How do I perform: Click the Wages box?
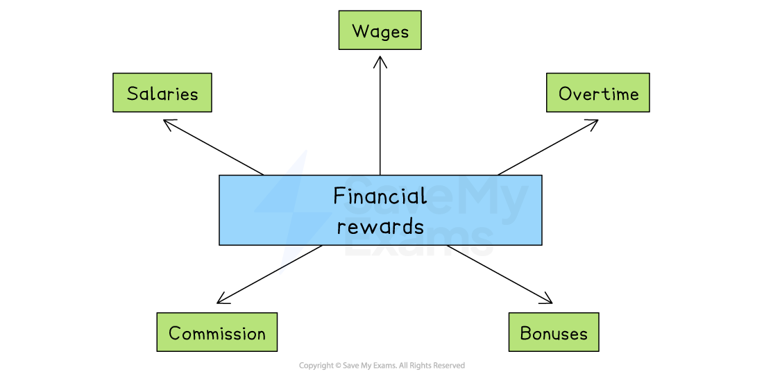pos(380,31)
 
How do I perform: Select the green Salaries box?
pos(162,93)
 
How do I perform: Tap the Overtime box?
pos(597,93)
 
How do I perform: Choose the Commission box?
pos(217,332)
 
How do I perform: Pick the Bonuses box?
pos(553,332)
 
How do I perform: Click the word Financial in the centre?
pos(380,196)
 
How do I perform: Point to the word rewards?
pos(380,226)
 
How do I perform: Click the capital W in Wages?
pos(360,31)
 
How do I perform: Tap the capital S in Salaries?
pos(133,94)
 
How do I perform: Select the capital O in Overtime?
pos(566,94)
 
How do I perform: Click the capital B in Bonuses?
pos(526,334)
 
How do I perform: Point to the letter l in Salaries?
pos(154,93)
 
